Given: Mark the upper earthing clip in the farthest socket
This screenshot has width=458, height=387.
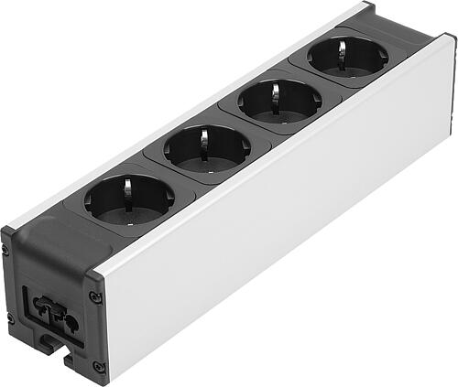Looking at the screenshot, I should (x=343, y=48).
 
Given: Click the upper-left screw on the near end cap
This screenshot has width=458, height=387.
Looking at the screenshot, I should (x=6, y=249).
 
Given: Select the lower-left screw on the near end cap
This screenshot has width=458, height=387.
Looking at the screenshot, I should (x=9, y=317).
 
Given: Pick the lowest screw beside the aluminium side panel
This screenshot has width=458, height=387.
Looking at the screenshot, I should (x=98, y=366).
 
